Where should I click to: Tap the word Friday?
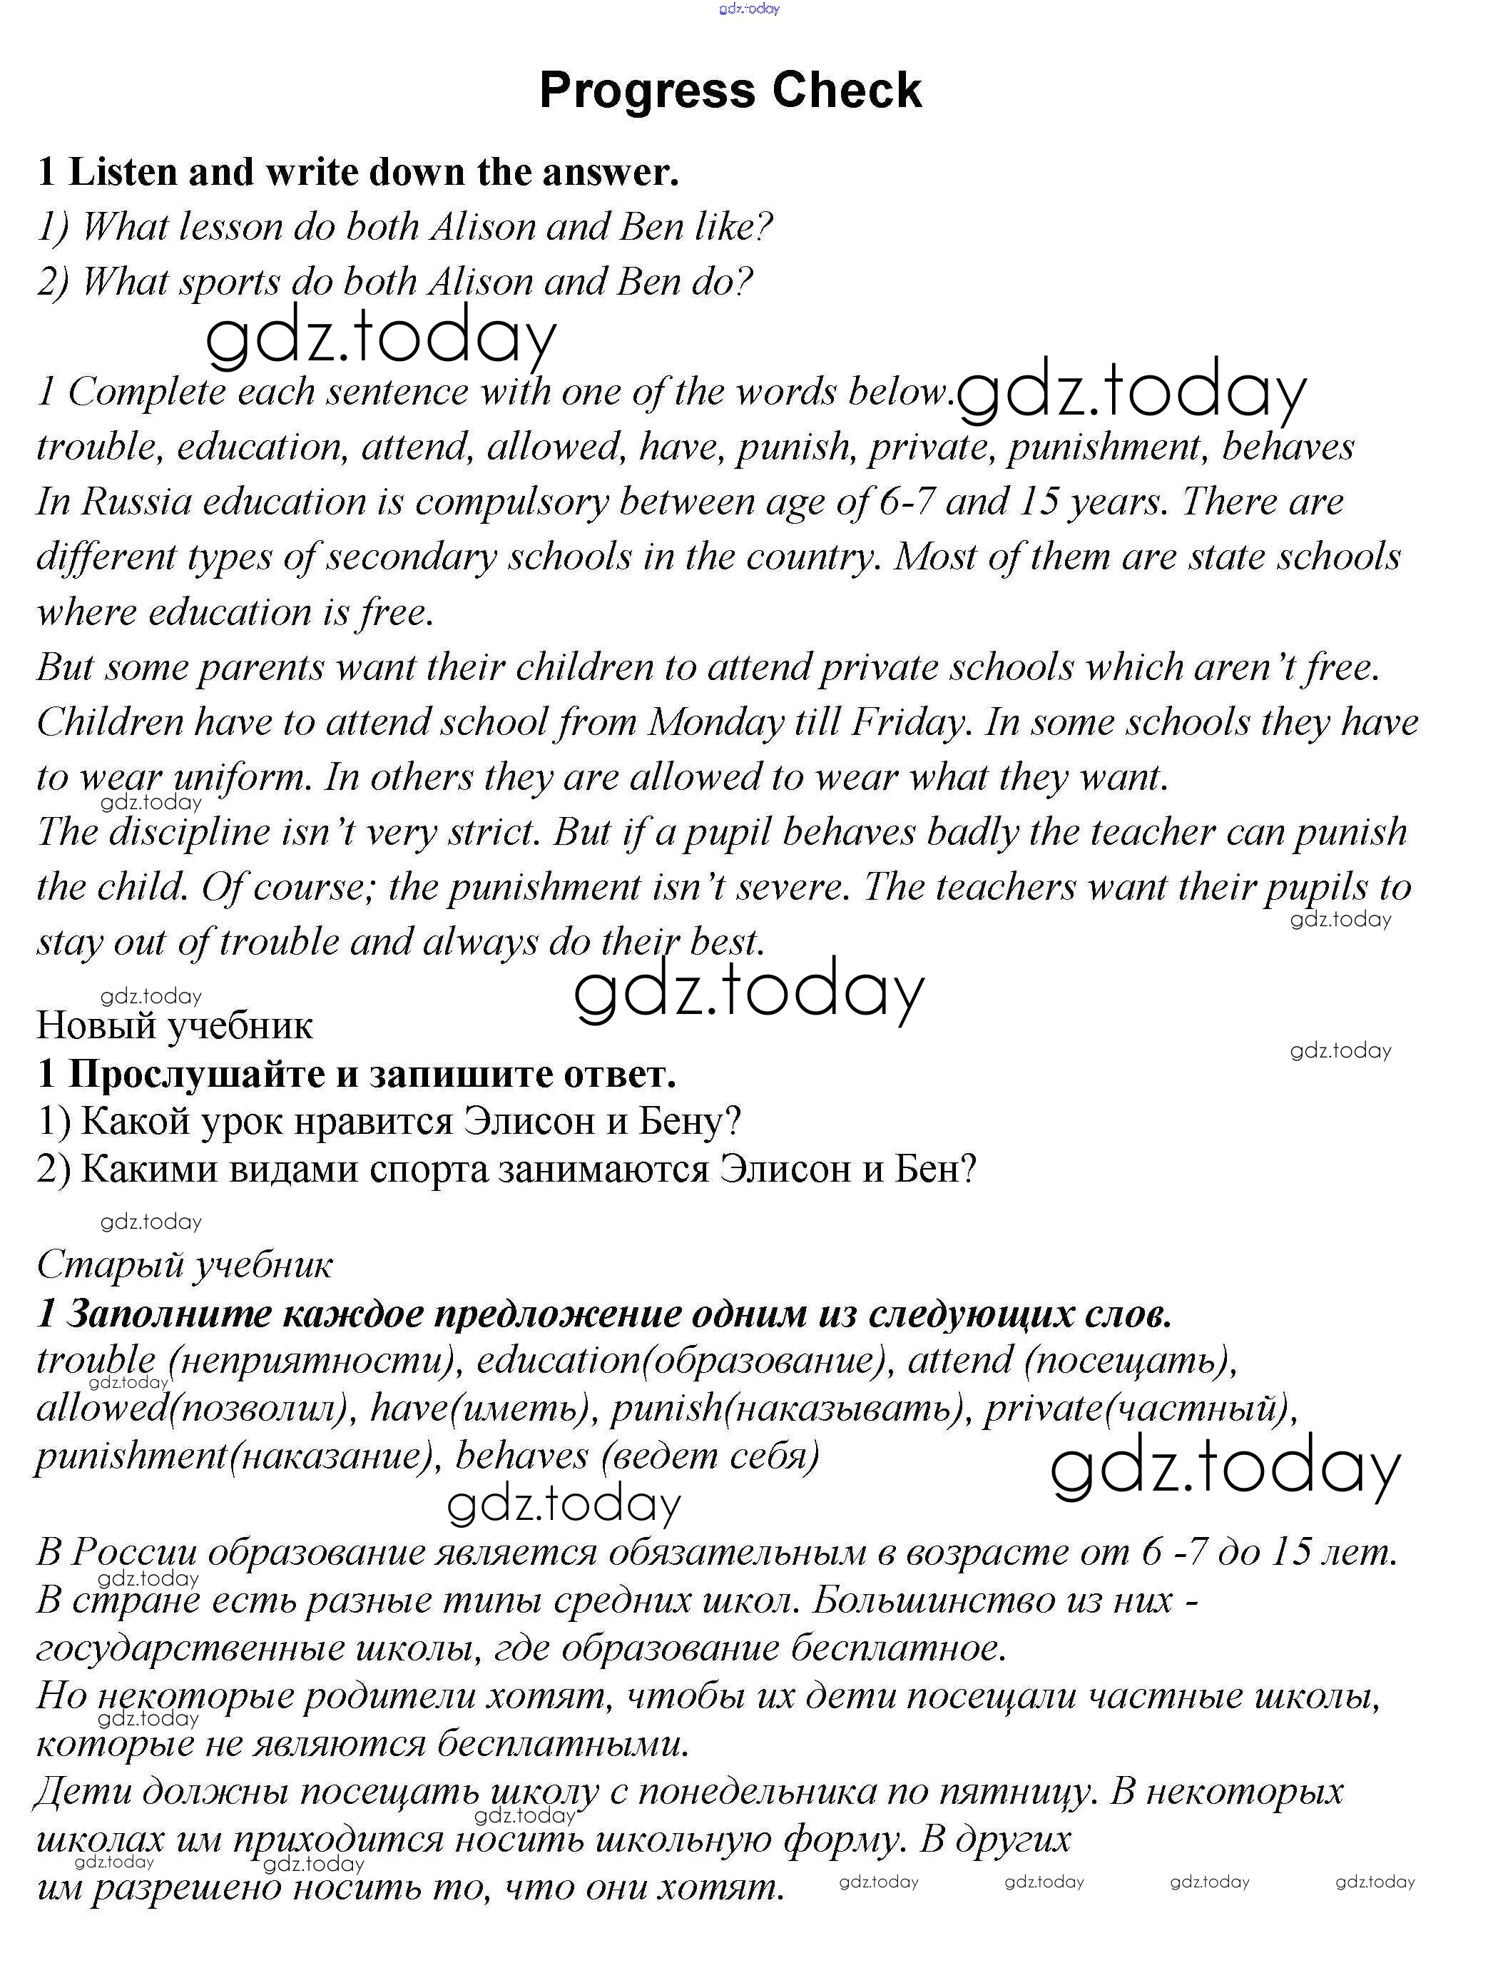(x=909, y=722)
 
